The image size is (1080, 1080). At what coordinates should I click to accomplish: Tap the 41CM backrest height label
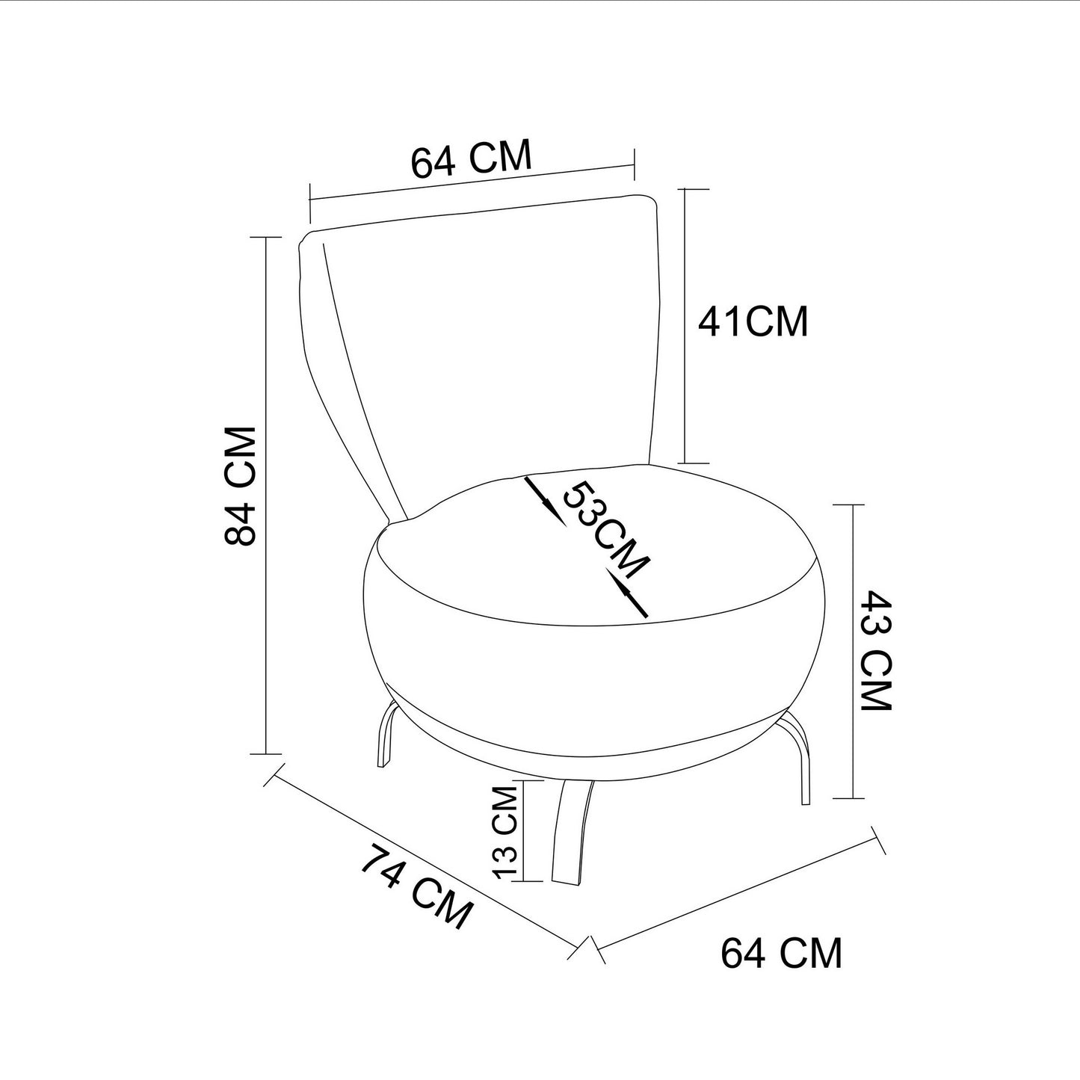(x=753, y=322)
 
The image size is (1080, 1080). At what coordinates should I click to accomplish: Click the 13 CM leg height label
(x=505, y=833)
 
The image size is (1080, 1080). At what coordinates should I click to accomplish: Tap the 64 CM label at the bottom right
(x=781, y=953)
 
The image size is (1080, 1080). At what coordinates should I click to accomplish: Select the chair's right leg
(x=798, y=755)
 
